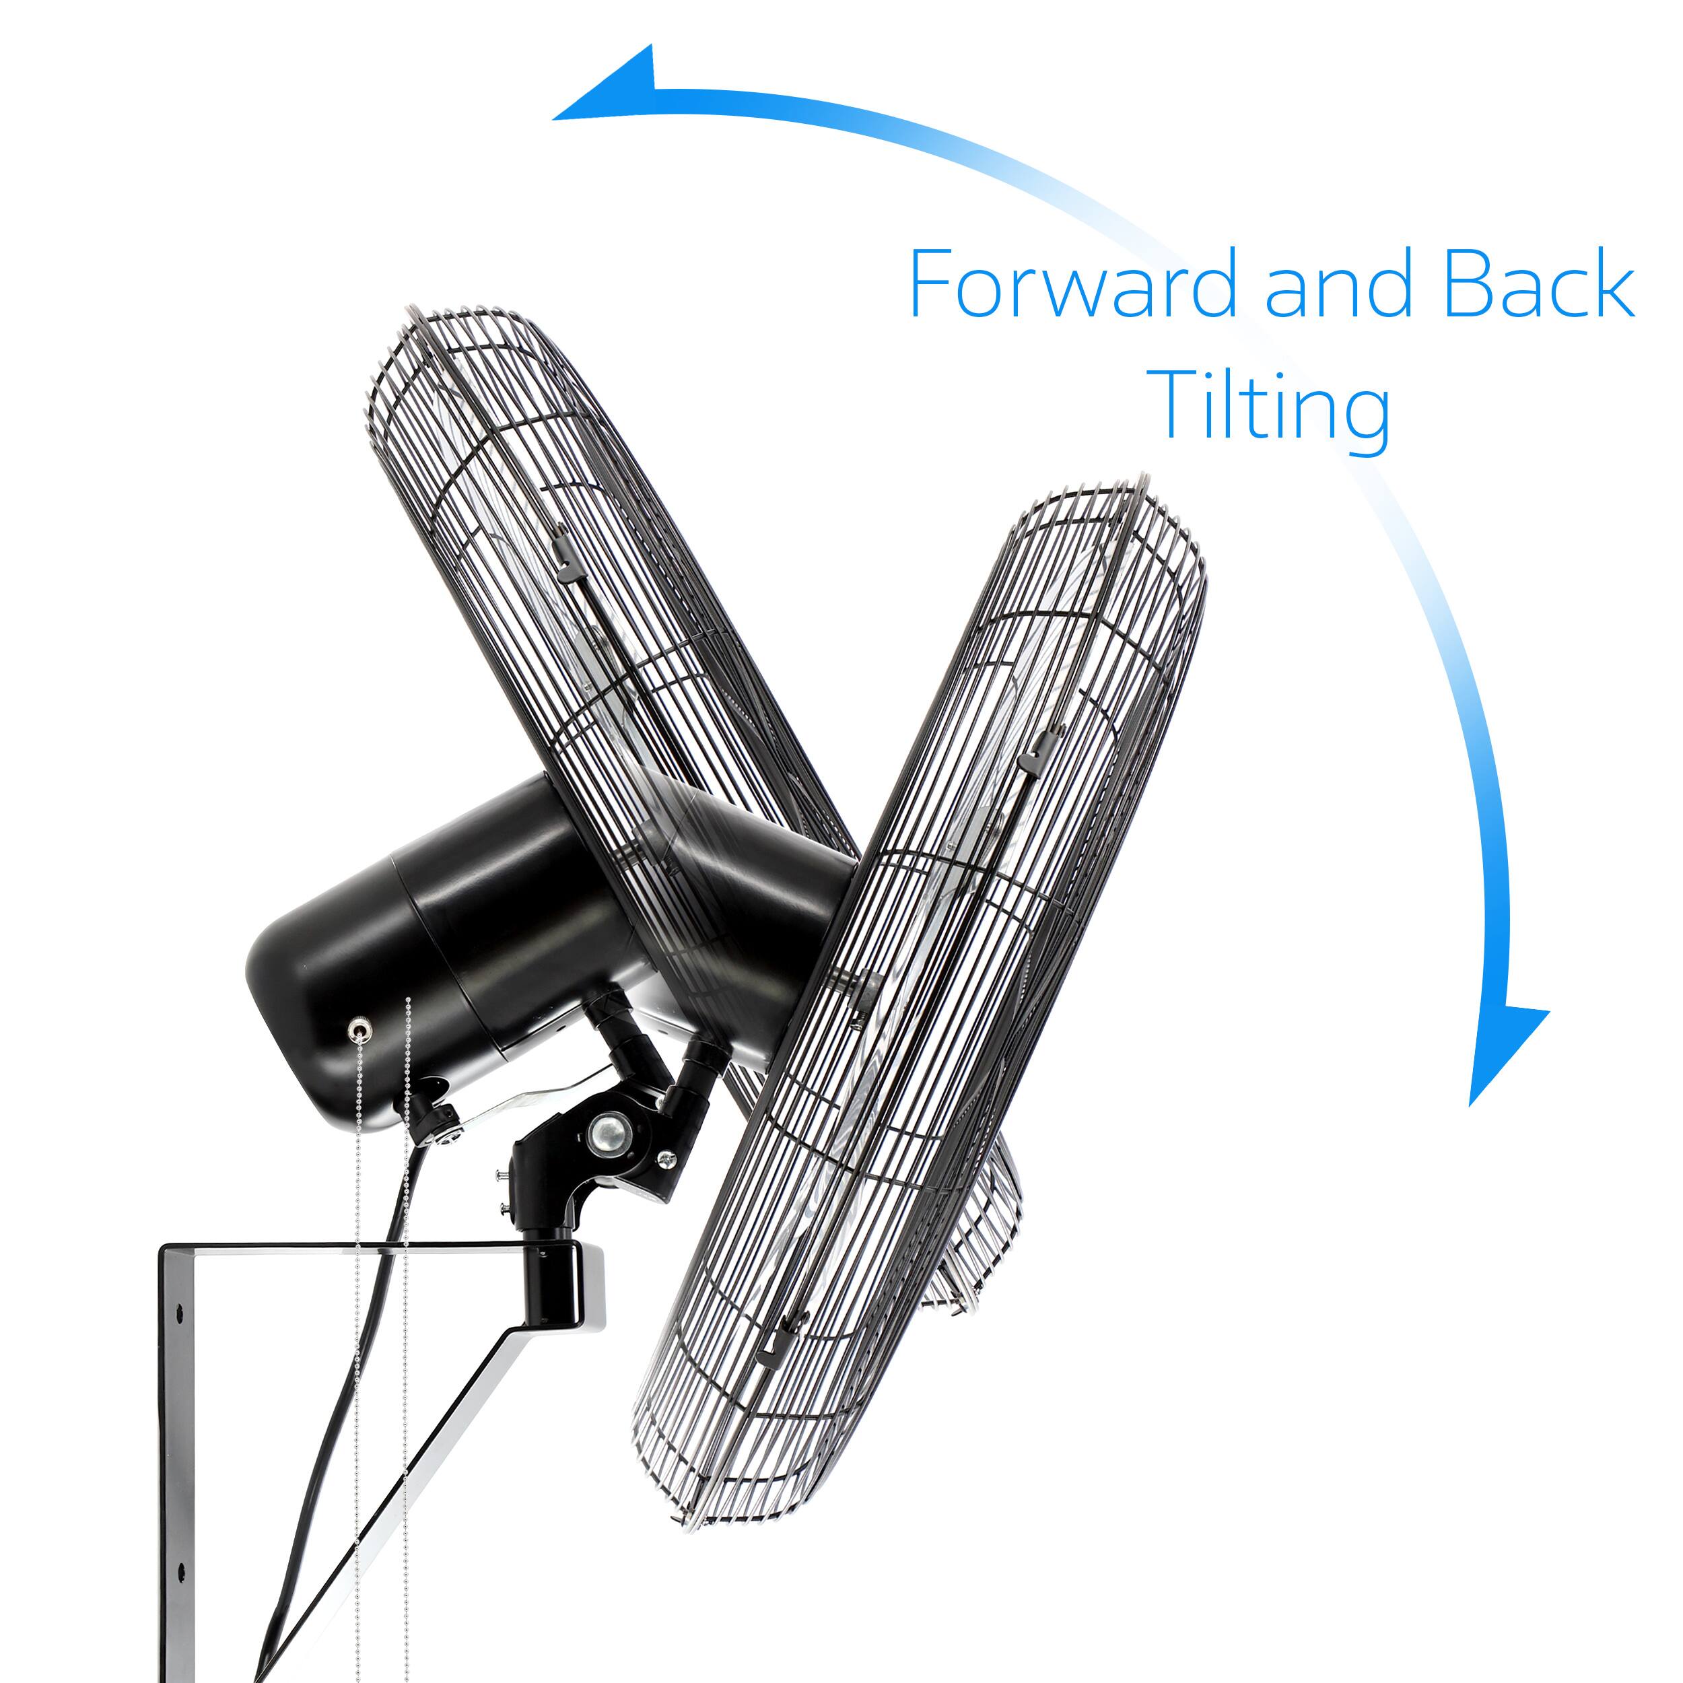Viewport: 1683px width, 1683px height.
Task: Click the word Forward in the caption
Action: pos(1072,285)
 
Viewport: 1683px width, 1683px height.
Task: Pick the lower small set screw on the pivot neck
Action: pos(504,1207)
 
